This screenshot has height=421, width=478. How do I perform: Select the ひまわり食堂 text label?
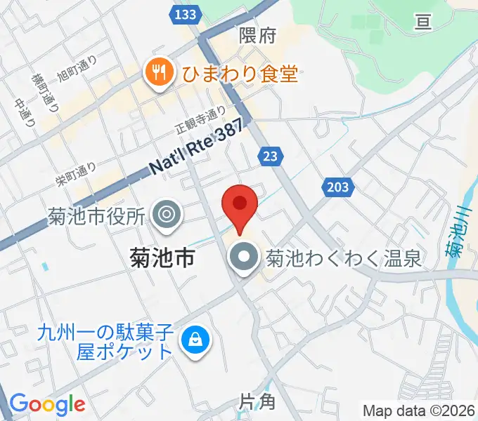240,72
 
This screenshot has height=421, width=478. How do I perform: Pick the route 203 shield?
337,187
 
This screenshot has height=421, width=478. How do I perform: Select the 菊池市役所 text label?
96,214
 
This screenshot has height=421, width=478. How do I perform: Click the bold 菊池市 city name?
163,258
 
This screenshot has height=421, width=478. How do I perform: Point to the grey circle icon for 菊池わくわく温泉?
245,258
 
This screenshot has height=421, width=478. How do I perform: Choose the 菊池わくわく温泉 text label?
343,259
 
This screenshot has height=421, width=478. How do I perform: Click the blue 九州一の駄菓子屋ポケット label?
105,340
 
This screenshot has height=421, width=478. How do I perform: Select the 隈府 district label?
257,35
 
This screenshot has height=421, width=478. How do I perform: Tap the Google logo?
47,404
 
